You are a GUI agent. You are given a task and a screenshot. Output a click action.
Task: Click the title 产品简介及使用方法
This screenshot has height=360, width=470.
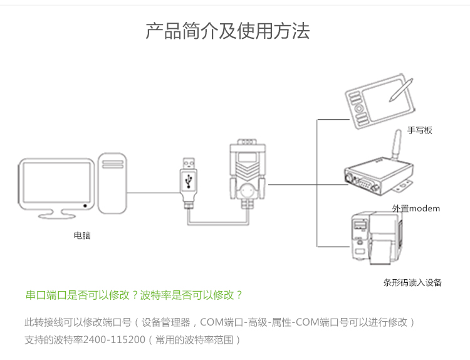[227, 31]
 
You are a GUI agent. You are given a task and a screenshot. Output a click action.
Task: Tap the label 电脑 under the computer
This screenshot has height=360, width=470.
[82, 236]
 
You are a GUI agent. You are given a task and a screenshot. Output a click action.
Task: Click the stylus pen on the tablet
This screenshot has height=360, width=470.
[400, 90]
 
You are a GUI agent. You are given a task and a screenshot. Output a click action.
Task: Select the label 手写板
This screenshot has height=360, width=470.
[420, 130]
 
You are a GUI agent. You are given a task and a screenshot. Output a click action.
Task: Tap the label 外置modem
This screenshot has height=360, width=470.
[416, 208]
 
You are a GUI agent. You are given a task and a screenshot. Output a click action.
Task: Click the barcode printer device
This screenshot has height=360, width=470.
[373, 240]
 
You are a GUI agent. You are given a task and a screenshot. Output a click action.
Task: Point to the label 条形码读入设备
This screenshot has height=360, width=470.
[412, 282]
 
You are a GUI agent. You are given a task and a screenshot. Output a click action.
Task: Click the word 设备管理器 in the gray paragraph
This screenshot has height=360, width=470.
[165, 323]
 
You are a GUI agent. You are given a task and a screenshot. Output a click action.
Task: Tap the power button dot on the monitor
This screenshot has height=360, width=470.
[85, 205]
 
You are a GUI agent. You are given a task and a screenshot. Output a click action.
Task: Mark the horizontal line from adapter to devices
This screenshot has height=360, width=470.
[292, 185]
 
